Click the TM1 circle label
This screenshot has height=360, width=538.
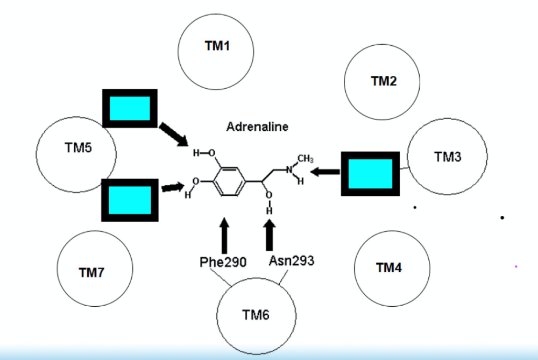point(217,46)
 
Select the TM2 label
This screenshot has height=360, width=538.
point(384,81)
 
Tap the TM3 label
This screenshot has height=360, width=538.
point(448,157)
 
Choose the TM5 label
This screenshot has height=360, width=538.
point(78,149)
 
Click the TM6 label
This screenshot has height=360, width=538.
point(256,315)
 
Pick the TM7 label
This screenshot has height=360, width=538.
point(91,272)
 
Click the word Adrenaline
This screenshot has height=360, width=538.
point(257,127)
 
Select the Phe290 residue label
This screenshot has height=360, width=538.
point(223,263)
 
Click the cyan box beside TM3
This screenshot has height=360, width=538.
point(371,173)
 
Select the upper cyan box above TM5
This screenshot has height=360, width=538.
point(130,108)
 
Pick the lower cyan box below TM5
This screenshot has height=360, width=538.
point(130,199)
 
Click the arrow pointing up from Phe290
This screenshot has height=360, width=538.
point(224,235)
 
